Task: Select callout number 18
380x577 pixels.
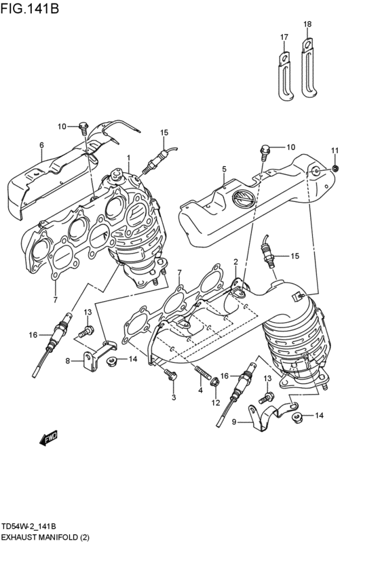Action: click(x=307, y=24)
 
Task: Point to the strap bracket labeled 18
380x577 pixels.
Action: click(x=308, y=68)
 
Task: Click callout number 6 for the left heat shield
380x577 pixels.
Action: click(x=41, y=145)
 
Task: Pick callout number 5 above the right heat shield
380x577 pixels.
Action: click(x=223, y=168)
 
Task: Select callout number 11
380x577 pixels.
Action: click(x=334, y=150)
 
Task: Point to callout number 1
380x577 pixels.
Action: click(x=128, y=157)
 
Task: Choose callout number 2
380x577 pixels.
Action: click(x=235, y=262)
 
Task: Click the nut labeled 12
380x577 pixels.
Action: click(x=215, y=384)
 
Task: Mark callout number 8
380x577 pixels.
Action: click(x=68, y=361)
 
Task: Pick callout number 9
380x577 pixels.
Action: click(x=235, y=422)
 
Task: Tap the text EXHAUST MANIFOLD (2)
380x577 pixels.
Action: click(x=45, y=537)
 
